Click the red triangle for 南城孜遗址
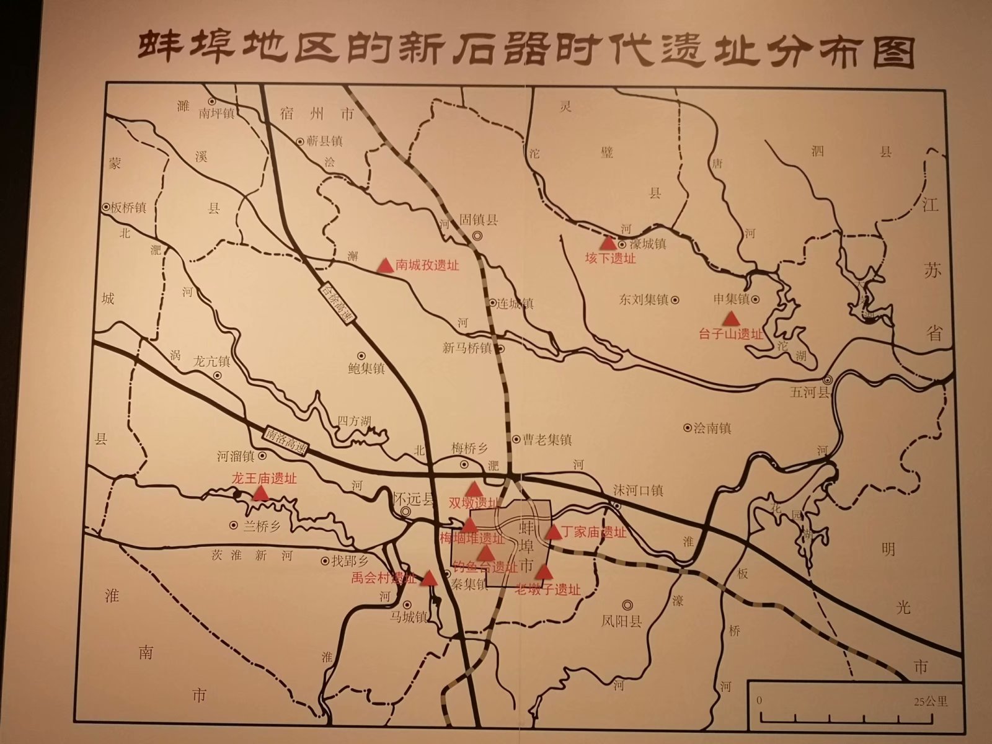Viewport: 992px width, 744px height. (385, 266)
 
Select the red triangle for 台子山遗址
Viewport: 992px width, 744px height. (732, 319)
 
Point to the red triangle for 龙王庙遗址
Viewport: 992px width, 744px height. (260, 494)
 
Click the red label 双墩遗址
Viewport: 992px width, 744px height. (474, 503)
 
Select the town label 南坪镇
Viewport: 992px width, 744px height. (216, 113)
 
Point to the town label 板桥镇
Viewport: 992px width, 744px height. (128, 208)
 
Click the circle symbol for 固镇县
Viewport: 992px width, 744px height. (477, 236)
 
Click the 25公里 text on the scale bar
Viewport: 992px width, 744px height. (930, 702)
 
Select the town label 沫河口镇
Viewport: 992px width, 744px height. (638, 490)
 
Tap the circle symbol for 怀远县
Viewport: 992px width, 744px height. (405, 511)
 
